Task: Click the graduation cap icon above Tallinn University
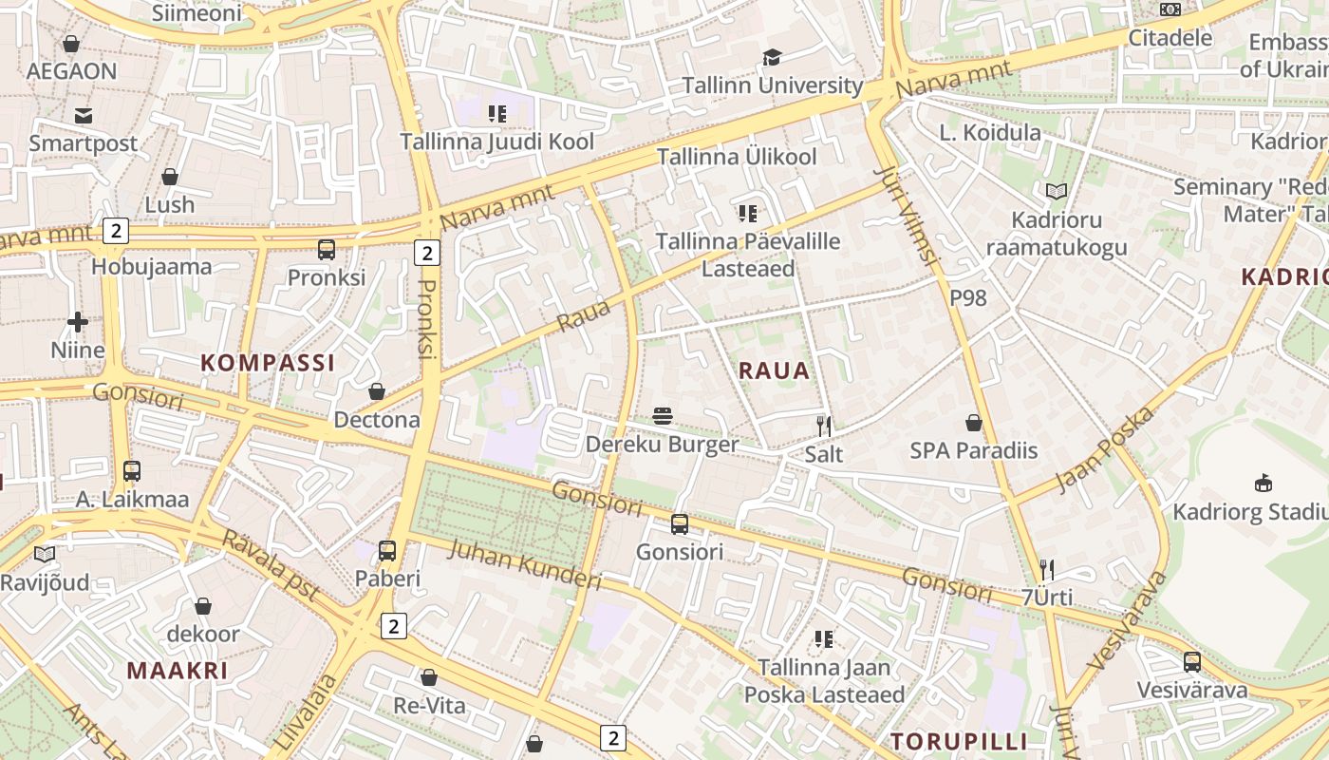tap(772, 58)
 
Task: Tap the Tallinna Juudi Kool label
tap(496, 142)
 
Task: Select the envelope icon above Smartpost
tap(84, 116)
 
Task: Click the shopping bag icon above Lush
tap(170, 177)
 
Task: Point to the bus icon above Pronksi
tap(327, 250)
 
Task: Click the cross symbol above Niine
tap(78, 322)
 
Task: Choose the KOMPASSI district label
tap(268, 363)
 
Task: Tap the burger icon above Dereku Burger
tap(663, 416)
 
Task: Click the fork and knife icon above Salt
tap(824, 426)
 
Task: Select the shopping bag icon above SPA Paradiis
tap(974, 422)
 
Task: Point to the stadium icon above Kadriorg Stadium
tap(1263, 484)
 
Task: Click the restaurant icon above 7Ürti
tap(1047, 570)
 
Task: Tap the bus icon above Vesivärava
tap(1192, 662)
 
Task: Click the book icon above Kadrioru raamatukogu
tap(1057, 192)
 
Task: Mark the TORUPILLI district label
tap(959, 741)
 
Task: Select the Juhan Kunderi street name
tap(524, 564)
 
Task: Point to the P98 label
tap(968, 298)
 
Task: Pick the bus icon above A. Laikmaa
tap(132, 471)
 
